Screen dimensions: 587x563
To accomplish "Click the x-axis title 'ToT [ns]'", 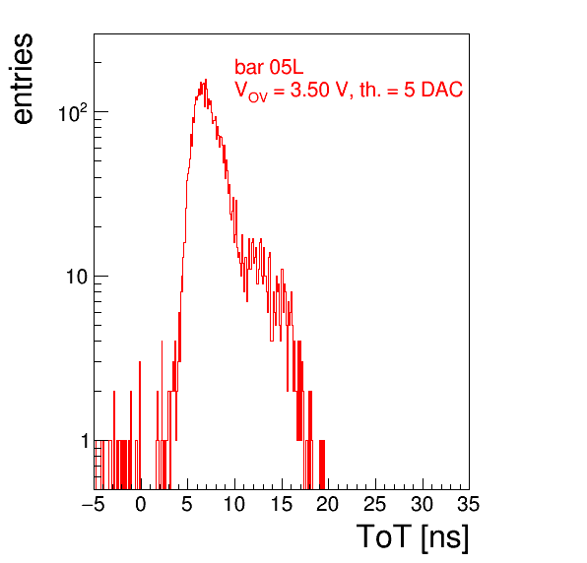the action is click(x=413, y=537).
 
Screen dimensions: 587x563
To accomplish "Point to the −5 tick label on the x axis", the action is click(x=93, y=504).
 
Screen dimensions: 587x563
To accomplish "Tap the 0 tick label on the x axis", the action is click(x=141, y=504).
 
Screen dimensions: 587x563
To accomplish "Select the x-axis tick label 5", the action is click(x=187, y=504).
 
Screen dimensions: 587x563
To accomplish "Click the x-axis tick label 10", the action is click(x=234, y=504).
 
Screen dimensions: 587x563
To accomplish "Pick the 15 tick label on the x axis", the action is click(x=281, y=504).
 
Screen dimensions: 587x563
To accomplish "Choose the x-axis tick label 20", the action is click(x=328, y=504).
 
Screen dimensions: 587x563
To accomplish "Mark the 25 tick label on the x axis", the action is click(x=374, y=504).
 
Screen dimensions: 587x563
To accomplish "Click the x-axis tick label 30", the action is click(x=422, y=504).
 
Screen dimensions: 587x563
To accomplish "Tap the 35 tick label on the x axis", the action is click(x=469, y=504).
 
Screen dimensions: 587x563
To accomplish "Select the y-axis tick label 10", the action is click(x=77, y=277).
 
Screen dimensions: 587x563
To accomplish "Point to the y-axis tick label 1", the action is click(x=85, y=441).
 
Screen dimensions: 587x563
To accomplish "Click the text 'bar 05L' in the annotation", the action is click(x=269, y=67).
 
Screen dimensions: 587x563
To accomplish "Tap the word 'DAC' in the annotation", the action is click(x=442, y=90).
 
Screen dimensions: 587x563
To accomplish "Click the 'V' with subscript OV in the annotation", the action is click(x=251, y=92).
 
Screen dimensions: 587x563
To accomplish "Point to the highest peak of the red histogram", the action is click(x=206, y=80).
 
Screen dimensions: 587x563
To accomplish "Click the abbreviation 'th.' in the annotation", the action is click(x=370, y=90).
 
